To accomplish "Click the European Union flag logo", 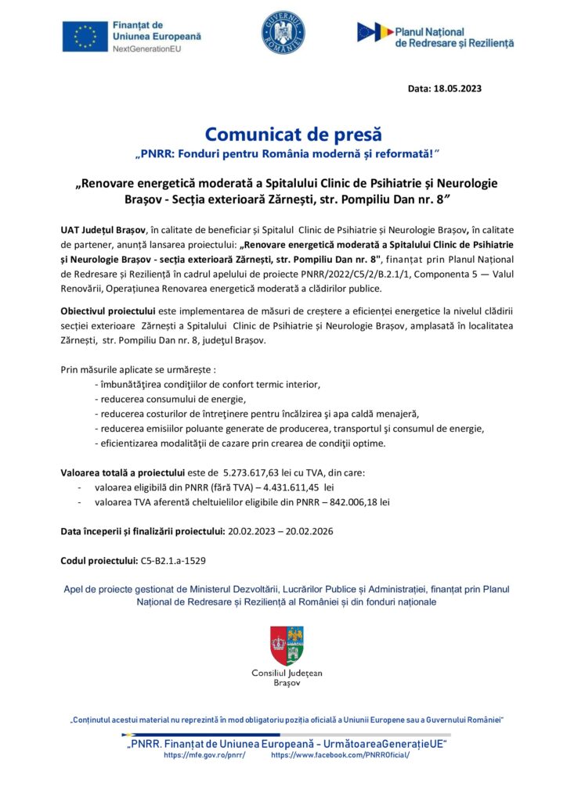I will click(x=85, y=36).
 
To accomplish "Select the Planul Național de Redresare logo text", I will click(x=454, y=36).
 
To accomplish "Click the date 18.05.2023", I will click(x=457, y=88).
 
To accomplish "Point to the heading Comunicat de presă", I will click(x=283, y=132).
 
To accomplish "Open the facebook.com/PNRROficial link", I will click(x=340, y=756).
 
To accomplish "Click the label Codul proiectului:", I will click(x=98, y=560).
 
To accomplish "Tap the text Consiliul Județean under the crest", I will click(x=287, y=673).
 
